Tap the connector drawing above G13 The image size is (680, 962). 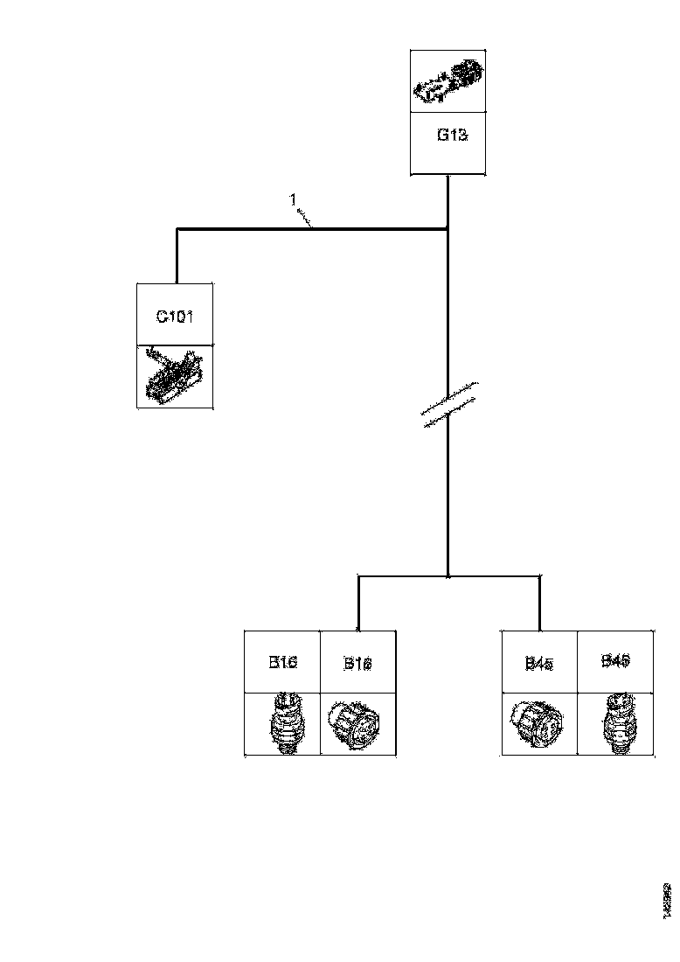[x=448, y=80]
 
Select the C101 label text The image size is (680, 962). [x=175, y=316]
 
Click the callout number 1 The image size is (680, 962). [x=294, y=200]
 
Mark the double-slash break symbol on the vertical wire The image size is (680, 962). [x=448, y=404]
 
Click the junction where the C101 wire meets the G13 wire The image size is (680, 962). [x=448, y=230]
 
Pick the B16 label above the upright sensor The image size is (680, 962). [x=283, y=662]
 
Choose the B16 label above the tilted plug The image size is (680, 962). [x=358, y=664]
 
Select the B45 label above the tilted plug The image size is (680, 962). [x=538, y=664]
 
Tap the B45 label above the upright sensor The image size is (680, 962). [x=615, y=662]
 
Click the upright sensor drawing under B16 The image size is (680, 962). [x=283, y=723]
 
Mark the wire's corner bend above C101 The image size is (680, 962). [x=177, y=230]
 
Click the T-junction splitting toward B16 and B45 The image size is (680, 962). [x=448, y=576]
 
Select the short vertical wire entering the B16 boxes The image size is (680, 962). [x=358, y=603]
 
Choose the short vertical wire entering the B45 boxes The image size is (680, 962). [x=539, y=603]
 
